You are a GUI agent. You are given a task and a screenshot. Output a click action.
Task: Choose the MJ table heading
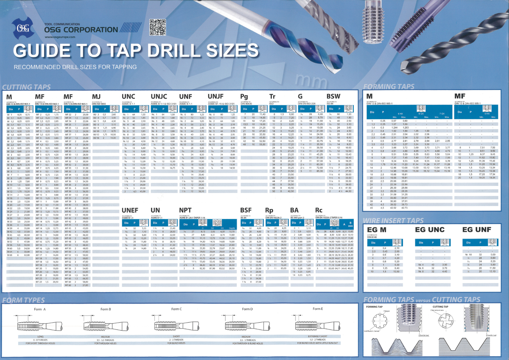point(97,97)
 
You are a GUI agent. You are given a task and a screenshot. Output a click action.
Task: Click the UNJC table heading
point(159,97)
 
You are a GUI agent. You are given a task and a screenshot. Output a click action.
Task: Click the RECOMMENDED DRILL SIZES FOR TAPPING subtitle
point(75,67)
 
